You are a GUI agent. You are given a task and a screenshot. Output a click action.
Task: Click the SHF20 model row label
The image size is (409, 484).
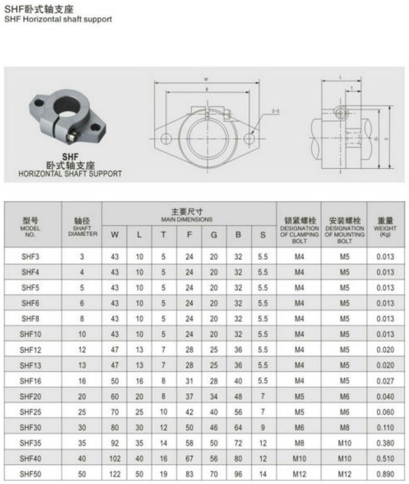pos(30,396)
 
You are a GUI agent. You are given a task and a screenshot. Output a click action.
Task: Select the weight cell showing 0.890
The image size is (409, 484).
pos(385,474)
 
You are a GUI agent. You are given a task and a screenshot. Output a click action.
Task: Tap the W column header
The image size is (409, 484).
pos(115,234)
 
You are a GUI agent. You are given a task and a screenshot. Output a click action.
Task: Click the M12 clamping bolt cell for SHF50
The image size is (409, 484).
pos(299,474)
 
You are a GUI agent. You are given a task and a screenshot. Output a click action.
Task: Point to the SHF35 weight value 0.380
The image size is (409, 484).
pos(385,443)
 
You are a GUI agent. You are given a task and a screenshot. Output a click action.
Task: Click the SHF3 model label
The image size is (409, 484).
pos(30,257)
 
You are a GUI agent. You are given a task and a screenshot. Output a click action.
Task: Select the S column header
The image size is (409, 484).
pos(263,234)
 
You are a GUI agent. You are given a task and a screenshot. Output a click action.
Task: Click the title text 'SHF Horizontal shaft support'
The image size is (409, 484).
pos(58,19)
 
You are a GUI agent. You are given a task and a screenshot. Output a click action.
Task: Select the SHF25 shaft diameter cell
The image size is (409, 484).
pos(82,412)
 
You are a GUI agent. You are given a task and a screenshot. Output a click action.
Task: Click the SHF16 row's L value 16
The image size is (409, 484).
pos(139,381)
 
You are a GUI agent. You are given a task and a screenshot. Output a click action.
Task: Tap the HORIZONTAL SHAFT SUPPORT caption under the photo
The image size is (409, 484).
pos(70,173)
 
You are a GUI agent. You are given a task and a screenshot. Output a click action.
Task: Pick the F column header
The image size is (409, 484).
pos(189,234)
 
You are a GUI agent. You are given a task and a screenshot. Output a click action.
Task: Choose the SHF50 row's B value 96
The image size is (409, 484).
pos(238,474)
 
